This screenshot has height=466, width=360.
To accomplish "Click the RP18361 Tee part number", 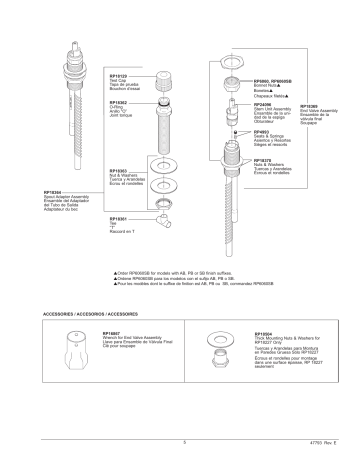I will (118, 218).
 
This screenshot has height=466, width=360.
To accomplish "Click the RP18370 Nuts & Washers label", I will (264, 160).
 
